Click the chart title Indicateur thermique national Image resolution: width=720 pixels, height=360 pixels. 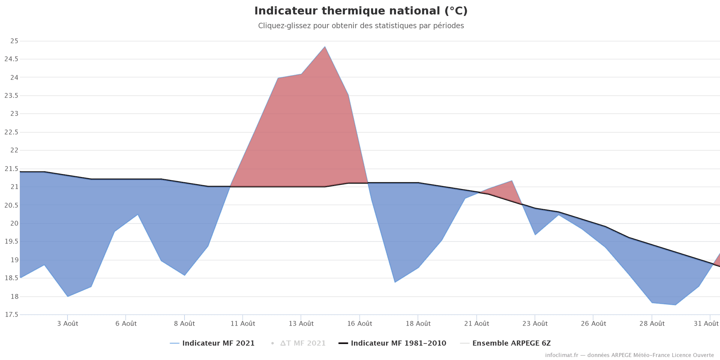(361, 11)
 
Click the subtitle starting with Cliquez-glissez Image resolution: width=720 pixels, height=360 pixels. (361, 26)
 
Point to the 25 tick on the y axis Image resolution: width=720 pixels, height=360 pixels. (14, 41)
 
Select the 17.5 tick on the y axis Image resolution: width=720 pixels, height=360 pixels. (11, 315)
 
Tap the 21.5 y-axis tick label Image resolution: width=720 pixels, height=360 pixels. (11, 169)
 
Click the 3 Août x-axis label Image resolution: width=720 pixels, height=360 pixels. (67, 324)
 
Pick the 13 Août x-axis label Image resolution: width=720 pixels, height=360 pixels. (301, 324)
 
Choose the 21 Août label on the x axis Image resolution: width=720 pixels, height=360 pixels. (477, 324)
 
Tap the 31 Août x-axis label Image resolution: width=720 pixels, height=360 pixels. (706, 324)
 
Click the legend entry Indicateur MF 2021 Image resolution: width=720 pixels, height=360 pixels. (218, 343)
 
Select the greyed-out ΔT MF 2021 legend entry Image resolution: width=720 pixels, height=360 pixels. (303, 343)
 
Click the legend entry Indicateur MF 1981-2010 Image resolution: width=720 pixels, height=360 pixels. (398, 343)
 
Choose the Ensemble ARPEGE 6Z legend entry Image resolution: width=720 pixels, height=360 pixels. (511, 343)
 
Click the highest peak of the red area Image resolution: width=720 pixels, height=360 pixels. (325, 47)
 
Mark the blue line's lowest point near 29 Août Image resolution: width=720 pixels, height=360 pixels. (675, 305)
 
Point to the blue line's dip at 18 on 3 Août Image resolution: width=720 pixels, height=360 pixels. (67, 296)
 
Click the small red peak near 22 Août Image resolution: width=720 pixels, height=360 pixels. (512, 181)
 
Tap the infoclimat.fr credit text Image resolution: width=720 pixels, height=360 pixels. (629, 355)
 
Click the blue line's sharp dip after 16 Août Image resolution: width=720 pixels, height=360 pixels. (395, 282)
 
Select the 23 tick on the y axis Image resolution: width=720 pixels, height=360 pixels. (14, 114)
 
